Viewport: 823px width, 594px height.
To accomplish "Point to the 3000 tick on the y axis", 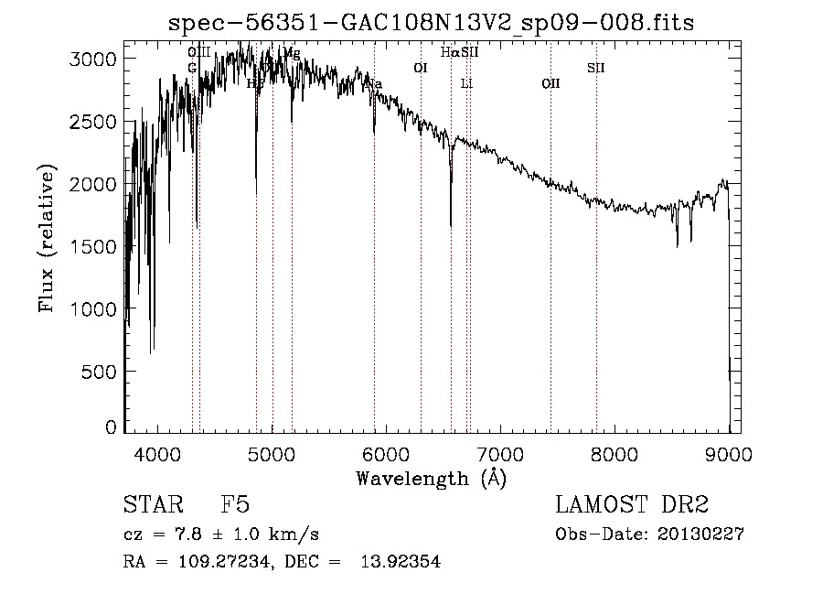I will click(x=96, y=59).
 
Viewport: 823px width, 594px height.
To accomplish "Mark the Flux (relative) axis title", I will click(x=47, y=239).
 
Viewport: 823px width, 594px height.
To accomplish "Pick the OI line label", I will click(x=421, y=68).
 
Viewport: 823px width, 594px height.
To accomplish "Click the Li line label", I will click(x=466, y=84).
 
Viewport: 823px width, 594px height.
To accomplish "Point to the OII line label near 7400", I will click(x=550, y=84).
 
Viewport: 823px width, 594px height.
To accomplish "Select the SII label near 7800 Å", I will click(x=595, y=68).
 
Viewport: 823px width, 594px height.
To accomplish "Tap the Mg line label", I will click(x=292, y=53).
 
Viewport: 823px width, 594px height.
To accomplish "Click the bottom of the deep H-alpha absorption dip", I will click(x=450, y=223).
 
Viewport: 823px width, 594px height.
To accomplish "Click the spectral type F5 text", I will click(x=235, y=506).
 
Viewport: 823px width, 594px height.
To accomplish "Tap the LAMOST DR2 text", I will click(x=632, y=506).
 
